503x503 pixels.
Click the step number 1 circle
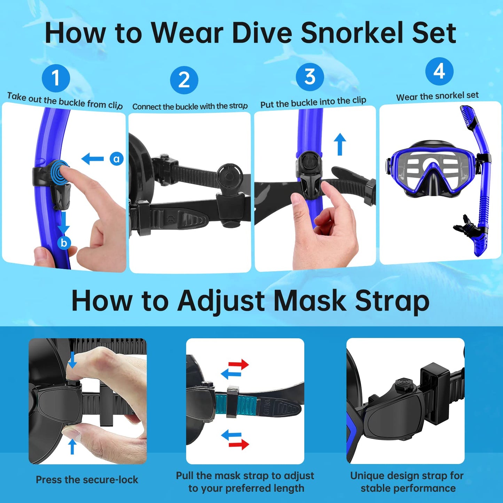[56, 78]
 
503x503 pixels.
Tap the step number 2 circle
[184, 80]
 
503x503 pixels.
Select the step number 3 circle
[310, 77]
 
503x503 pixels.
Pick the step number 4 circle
[439, 71]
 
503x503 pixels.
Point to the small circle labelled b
[64, 243]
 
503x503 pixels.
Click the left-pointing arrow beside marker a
[92, 158]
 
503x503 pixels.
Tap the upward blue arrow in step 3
[340, 144]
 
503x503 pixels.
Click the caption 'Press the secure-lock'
[87, 480]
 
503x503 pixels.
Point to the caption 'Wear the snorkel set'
[438, 96]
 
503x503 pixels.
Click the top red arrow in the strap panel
[238, 364]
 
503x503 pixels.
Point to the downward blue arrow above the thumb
[72, 360]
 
